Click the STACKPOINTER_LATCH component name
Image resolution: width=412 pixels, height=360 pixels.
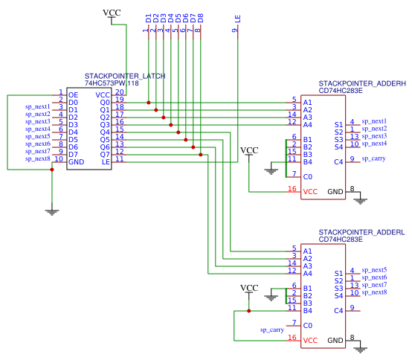point(125,76)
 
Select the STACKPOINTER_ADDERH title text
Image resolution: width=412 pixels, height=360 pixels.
point(362,83)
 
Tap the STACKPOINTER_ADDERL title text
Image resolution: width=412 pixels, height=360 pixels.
point(361,232)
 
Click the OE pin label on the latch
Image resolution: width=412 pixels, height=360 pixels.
point(74,95)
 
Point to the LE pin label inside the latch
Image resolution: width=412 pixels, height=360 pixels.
point(106,162)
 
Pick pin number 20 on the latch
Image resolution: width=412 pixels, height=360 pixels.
point(120,92)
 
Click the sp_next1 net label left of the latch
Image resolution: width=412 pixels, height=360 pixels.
point(38,106)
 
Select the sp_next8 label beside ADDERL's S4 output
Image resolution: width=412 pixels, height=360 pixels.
point(374,292)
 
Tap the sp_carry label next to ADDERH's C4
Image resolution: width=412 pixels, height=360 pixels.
point(373,158)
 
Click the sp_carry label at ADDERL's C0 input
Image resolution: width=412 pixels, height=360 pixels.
point(272,330)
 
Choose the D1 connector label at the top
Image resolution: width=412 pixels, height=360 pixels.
point(149,19)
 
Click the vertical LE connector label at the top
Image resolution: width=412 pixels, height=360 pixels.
point(237,19)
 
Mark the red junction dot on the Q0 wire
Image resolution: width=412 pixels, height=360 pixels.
point(149,103)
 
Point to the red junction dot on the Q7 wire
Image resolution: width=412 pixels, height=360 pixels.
point(201,155)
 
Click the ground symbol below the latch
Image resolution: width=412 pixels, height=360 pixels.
point(52,212)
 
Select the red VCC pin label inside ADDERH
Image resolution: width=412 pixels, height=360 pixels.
point(310,192)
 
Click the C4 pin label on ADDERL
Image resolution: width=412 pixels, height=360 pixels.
point(338,311)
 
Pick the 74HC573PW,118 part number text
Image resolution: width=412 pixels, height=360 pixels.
point(112,83)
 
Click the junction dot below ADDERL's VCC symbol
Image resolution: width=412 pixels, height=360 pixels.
point(249,311)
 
